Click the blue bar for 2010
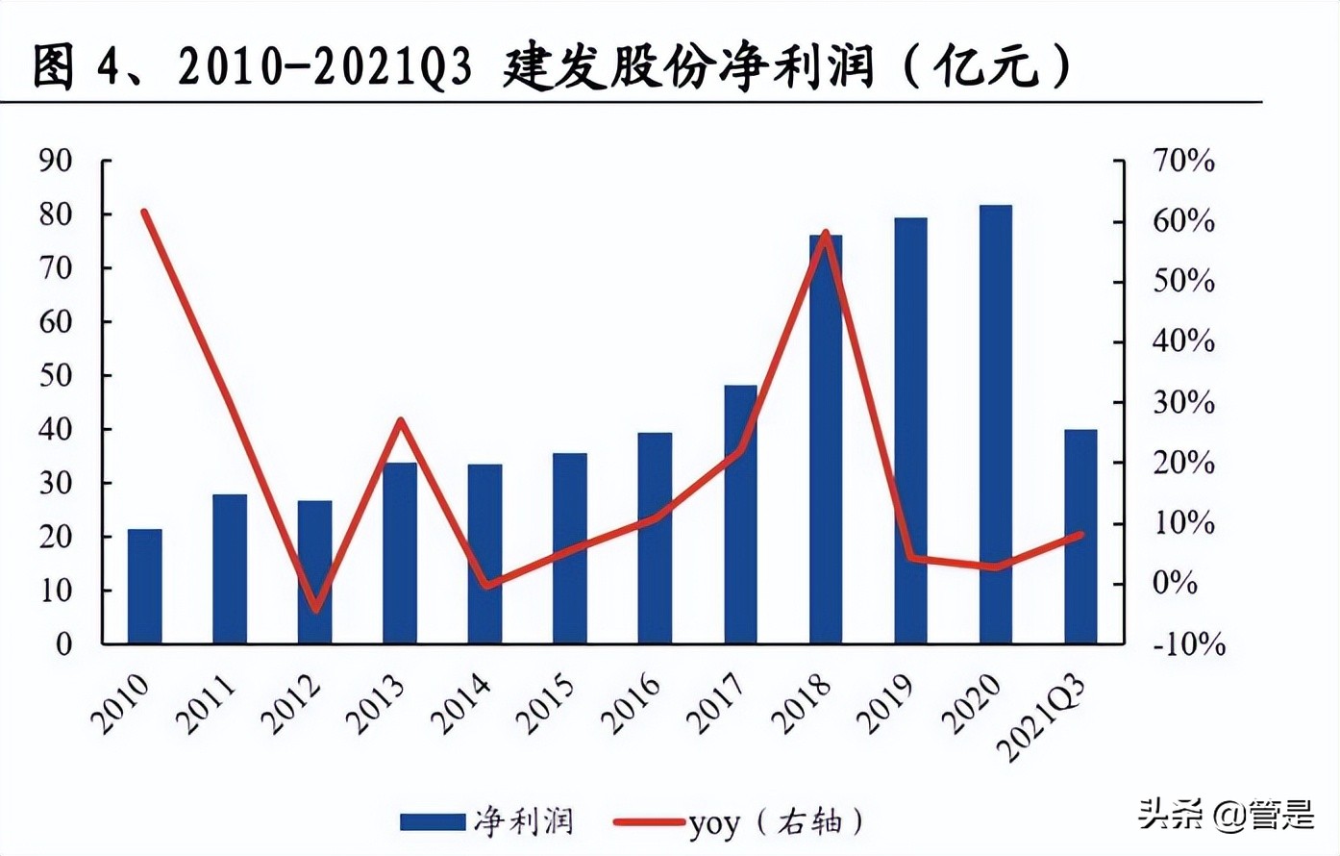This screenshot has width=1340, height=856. pyautogui.click(x=145, y=586)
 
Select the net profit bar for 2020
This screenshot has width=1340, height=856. pyautogui.click(x=996, y=423)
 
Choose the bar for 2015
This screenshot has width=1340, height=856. pyautogui.click(x=570, y=547)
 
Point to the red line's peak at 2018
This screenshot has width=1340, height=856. pyautogui.click(x=825, y=233)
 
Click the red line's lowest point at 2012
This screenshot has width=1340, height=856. pyautogui.click(x=315, y=610)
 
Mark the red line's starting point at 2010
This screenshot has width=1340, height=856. pyautogui.click(x=145, y=212)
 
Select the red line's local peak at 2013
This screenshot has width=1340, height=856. pyautogui.click(x=401, y=420)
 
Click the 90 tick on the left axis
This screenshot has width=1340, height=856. pyautogui.click(x=56, y=161)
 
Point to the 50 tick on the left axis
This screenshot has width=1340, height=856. pyautogui.click(x=56, y=375)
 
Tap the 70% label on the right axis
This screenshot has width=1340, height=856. pyautogui.click(x=1184, y=161)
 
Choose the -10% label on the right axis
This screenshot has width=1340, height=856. pyautogui.click(x=1189, y=643)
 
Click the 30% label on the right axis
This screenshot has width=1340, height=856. pyautogui.click(x=1184, y=402)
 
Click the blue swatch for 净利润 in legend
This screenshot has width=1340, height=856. pyautogui.click(x=432, y=821)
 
